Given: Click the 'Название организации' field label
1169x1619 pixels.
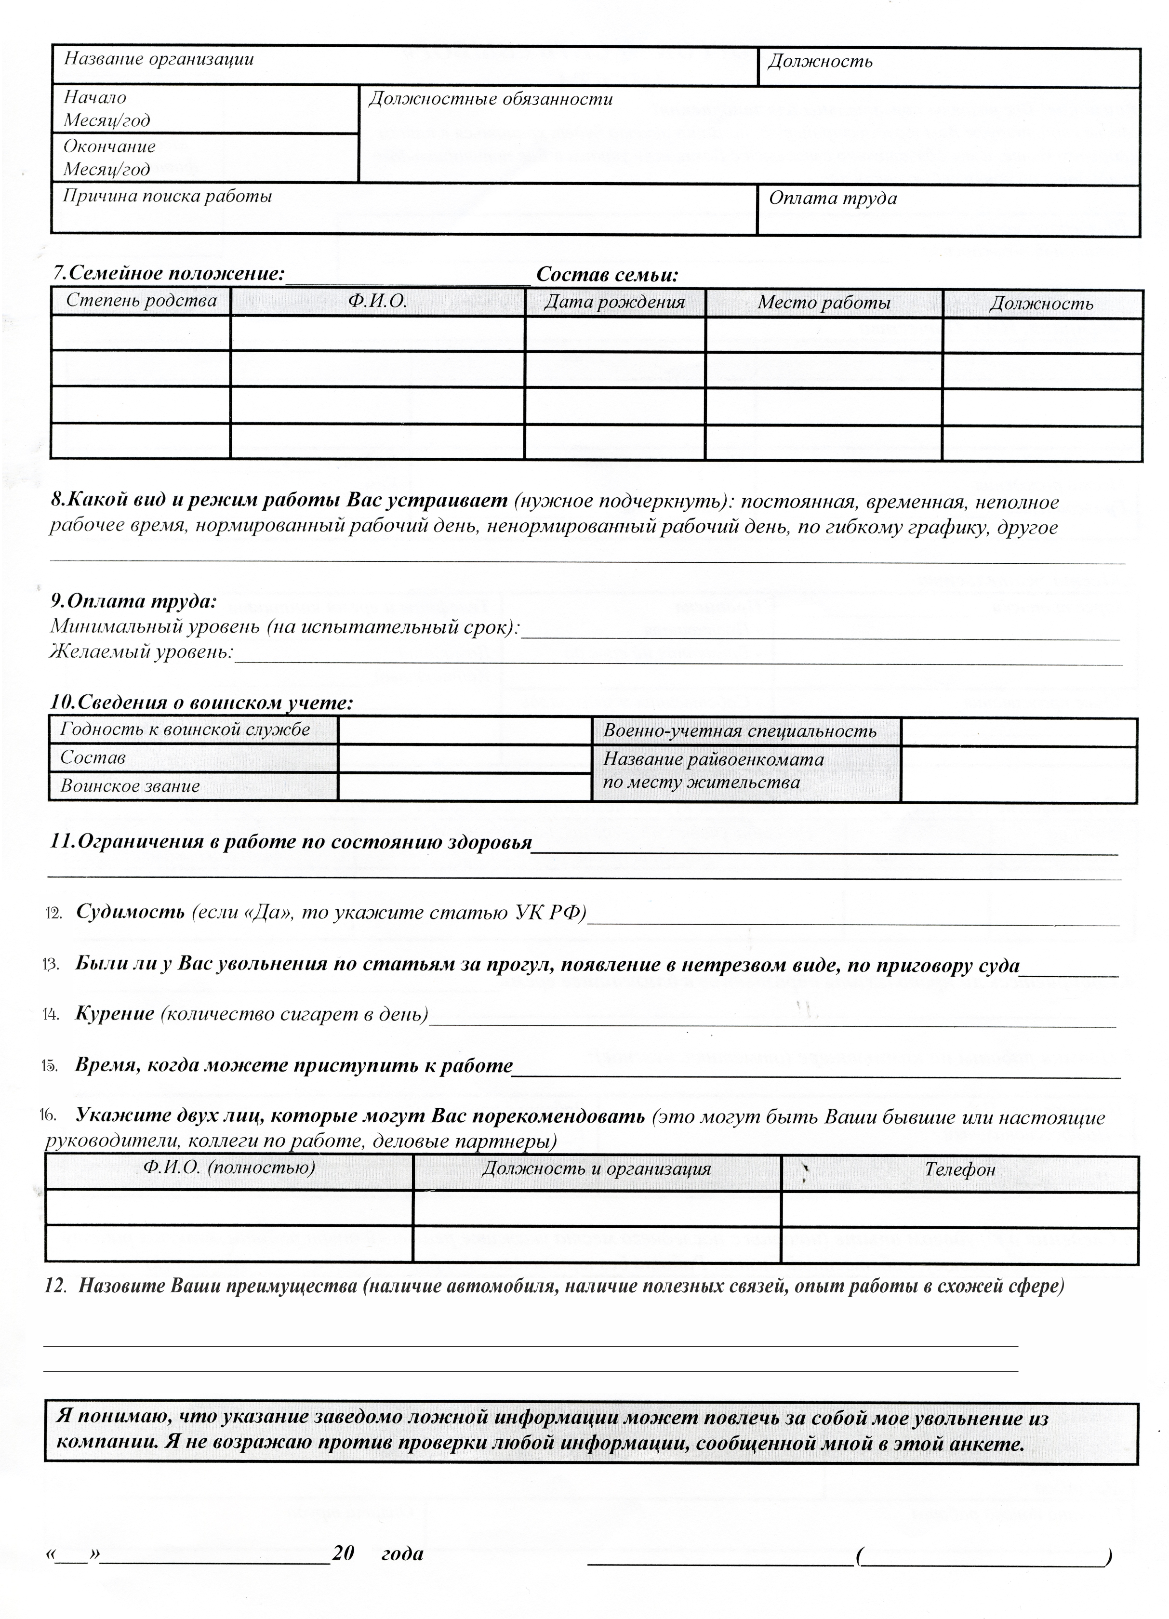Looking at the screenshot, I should coord(159,59).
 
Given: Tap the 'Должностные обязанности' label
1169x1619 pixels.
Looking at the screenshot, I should coord(490,99).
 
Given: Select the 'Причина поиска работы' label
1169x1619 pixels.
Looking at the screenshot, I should coord(168,196).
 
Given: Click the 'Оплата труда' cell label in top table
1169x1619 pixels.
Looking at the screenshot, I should coord(832,199).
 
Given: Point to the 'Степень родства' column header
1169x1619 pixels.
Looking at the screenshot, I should coord(141,301).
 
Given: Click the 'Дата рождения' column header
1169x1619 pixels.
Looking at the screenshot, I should coord(614,303).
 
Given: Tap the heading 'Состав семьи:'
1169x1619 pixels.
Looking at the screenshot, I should coord(607,275).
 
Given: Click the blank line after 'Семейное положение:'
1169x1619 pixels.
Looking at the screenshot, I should coord(408,279).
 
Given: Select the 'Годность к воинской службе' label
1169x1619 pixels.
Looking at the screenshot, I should coord(185,730).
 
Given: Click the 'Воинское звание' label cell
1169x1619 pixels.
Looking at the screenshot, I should coord(130,786).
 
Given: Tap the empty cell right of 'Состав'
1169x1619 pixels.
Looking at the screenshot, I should coord(465,758).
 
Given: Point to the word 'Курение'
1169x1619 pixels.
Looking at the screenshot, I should coord(115,1014).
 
